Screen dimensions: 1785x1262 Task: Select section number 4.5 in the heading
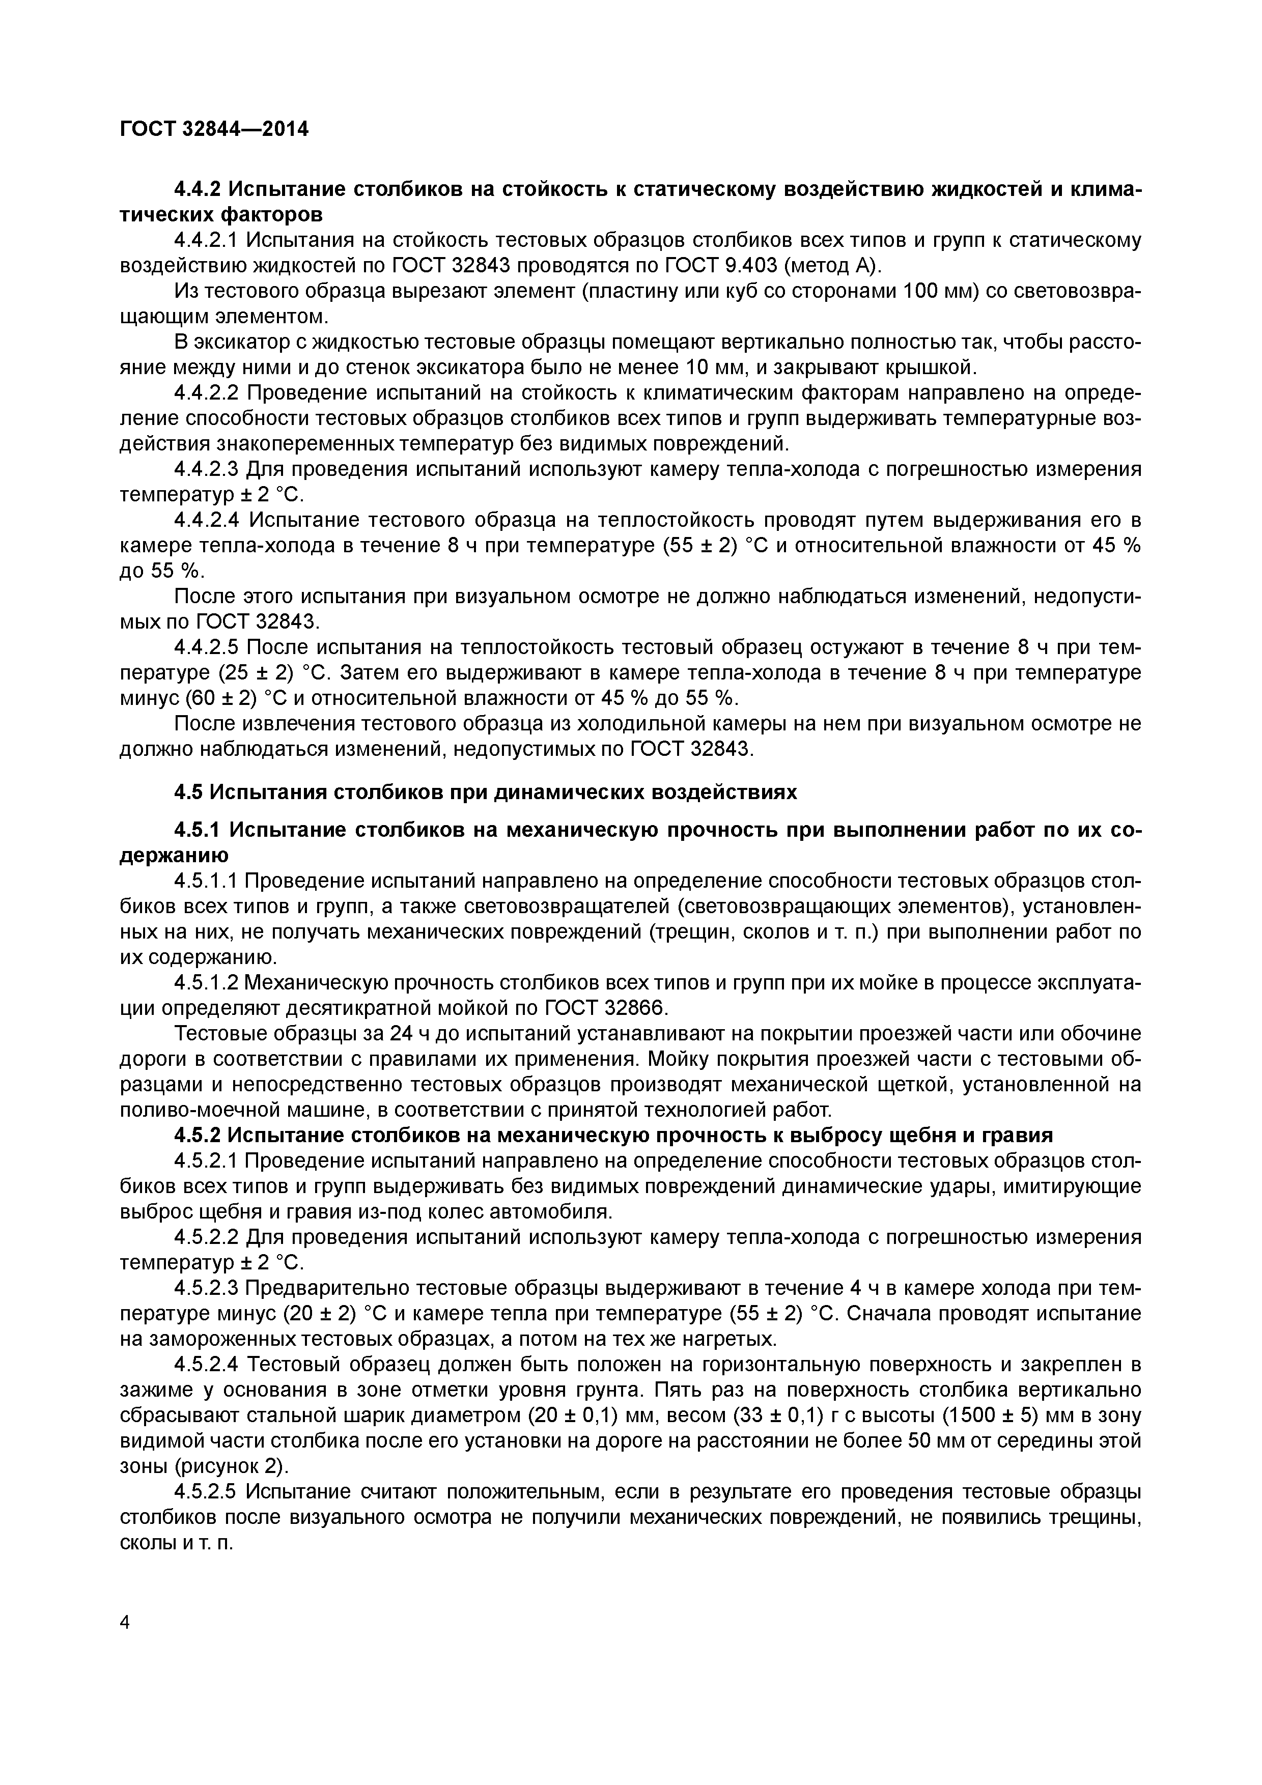coord(188,792)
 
